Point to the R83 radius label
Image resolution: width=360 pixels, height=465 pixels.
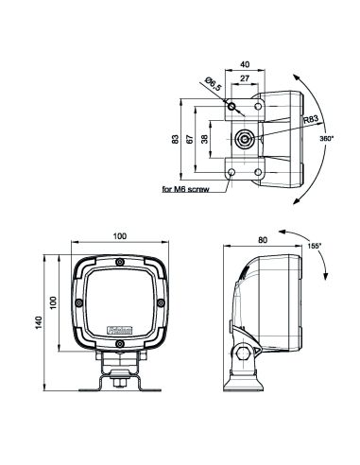pos(312,120)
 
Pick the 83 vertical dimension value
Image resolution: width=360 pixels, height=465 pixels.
pos(175,139)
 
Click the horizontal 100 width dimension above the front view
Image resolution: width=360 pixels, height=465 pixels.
pos(120,235)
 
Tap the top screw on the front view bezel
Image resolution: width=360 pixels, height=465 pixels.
pos(120,263)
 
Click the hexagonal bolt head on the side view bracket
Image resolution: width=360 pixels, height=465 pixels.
pos(246,354)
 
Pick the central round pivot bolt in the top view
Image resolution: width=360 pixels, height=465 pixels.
pos(245,140)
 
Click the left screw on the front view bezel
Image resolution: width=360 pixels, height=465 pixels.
pos(79,303)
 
